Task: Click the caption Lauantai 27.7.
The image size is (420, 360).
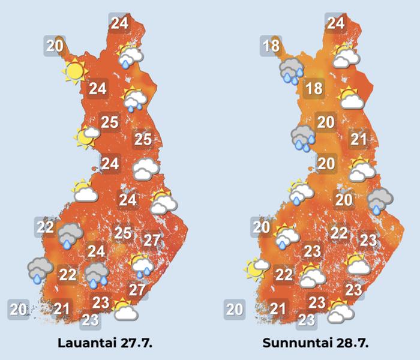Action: (104, 344)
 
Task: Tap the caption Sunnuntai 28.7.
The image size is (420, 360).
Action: (315, 344)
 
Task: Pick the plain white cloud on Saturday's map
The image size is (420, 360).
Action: (146, 169)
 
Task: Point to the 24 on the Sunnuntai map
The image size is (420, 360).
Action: (335, 24)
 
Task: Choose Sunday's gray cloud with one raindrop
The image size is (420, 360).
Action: (380, 200)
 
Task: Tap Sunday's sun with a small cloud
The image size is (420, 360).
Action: (256, 268)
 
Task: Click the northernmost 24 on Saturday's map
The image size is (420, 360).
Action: (119, 24)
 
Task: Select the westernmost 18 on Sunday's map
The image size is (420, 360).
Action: (271, 46)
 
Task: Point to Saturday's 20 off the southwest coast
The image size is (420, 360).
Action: (19, 310)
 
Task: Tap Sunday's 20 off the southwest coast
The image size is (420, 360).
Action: (234, 310)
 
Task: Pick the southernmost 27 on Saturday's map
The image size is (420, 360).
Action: (137, 290)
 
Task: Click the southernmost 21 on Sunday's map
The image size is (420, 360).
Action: (278, 309)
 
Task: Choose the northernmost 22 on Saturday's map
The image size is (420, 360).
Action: (45, 227)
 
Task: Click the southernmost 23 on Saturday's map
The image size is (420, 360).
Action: (91, 319)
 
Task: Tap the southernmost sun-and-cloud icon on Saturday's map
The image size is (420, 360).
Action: (125, 310)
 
